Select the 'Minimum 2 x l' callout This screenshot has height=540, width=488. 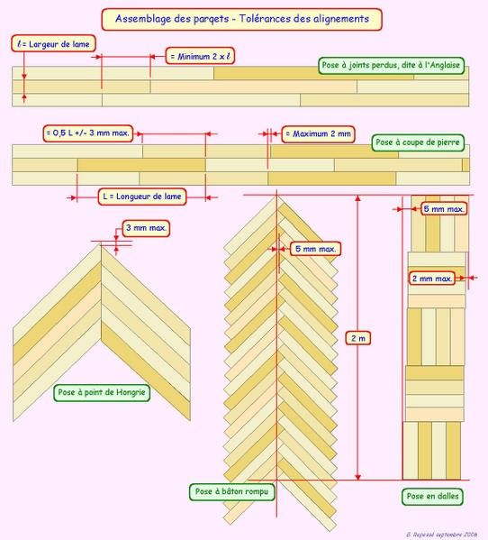coord(200,56)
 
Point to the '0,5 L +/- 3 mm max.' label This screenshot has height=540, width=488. coord(88,133)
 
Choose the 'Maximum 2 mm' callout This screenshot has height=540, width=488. coord(318,134)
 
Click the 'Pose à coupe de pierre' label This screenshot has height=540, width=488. coord(418,142)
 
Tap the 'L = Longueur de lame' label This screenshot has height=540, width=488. coord(142,197)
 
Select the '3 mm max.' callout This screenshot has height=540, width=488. coord(146,228)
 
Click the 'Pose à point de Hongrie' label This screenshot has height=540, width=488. coord(102,392)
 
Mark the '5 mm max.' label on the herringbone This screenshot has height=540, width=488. coord(316,249)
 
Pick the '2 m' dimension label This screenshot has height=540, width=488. coord(358,338)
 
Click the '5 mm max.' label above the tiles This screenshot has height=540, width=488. coord(444,209)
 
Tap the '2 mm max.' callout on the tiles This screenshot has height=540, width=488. coord(432,279)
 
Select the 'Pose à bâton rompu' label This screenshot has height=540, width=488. coord(231,492)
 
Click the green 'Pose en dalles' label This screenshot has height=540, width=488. coord(432,496)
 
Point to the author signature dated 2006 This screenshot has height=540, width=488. coord(441,535)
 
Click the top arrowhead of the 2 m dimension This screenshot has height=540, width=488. coord(358,197)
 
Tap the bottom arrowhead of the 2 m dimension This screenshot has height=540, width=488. coord(358,477)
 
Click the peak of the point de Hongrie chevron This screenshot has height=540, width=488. coord(101,243)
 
